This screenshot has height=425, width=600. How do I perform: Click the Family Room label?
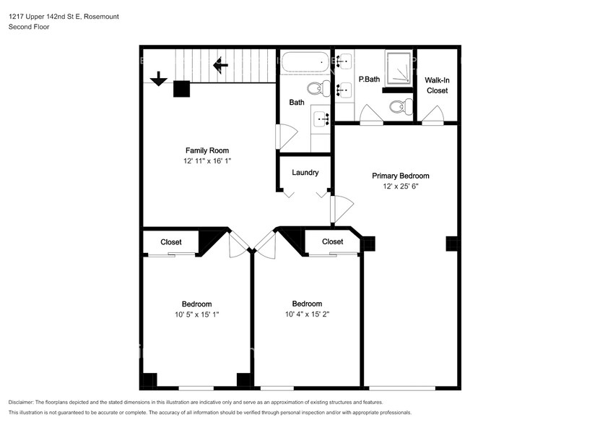207,150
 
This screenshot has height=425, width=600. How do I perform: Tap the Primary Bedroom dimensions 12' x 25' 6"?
401,186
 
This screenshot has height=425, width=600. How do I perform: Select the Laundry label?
305,173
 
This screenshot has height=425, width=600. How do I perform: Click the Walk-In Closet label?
437,85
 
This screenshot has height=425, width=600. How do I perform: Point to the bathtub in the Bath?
305,61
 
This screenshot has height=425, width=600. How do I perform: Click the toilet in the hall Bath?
318,88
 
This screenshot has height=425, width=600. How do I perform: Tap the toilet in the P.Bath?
401,106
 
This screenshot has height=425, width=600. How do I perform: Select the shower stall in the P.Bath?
399,68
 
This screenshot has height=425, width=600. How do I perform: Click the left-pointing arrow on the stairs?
220,65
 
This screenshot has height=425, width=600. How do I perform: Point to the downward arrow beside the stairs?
158,79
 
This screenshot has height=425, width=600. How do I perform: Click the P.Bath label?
369,80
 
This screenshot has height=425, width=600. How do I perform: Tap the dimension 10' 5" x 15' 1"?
196,314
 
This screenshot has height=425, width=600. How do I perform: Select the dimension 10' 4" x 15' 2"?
307,314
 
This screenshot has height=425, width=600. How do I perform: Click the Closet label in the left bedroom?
171,242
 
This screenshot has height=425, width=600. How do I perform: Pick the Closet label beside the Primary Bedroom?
333,242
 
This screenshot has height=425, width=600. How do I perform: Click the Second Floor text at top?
29,27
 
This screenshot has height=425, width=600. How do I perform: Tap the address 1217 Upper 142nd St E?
45,17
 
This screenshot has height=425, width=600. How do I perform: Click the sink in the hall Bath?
321,119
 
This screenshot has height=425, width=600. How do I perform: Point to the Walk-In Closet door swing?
432,115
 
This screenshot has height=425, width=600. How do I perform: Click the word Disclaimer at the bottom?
21,403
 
